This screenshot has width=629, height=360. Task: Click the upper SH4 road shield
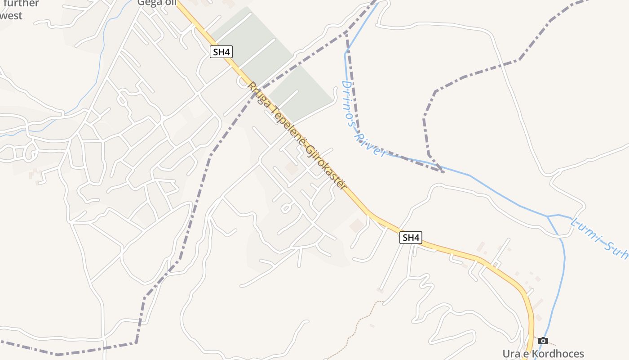221,52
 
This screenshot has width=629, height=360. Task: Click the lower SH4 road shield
411,238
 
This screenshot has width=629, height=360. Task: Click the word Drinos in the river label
350,103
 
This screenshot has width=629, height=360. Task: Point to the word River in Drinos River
371,145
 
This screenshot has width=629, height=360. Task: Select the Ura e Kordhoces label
543,354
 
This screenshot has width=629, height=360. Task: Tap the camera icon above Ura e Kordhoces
543,341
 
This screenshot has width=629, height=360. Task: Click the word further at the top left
20,4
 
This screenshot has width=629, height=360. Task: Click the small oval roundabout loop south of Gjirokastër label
286,207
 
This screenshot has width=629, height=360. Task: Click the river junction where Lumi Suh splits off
548,216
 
